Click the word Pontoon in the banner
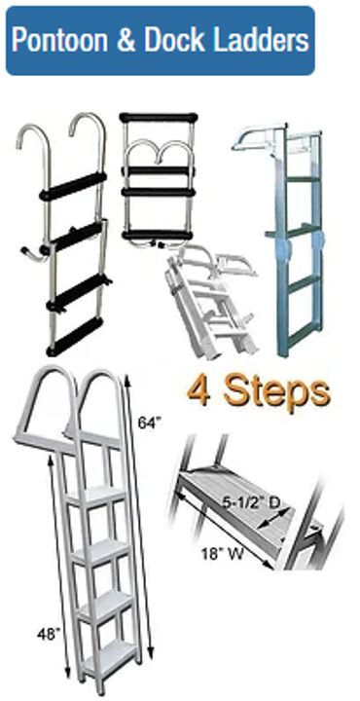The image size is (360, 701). click(60, 41)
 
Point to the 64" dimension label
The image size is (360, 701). click(149, 424)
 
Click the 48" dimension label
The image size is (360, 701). click(49, 634)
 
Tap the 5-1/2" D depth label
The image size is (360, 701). click(252, 503)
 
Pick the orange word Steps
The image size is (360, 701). click(277, 393)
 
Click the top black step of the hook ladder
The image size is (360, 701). click(73, 186)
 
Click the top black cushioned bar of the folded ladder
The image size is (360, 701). click(159, 119)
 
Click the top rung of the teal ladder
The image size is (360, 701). click(304, 179)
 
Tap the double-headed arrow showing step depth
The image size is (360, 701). click(274, 521)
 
